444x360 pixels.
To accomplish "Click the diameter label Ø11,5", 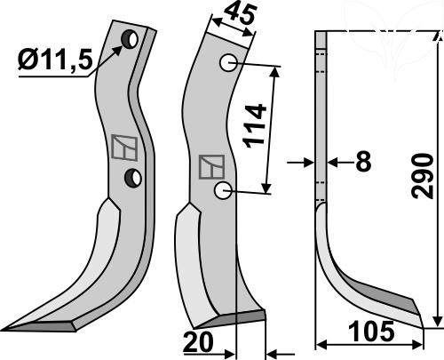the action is click(x=55, y=60).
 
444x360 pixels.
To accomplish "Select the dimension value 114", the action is click(x=254, y=125).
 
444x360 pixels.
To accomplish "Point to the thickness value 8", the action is click(x=363, y=162).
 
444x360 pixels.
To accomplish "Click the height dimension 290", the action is click(x=423, y=176).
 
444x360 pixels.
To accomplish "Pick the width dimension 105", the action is click(x=372, y=332).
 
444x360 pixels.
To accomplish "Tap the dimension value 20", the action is click(x=198, y=341).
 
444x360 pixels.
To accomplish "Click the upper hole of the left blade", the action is click(x=130, y=40).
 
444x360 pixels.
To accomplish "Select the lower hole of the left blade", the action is click(x=133, y=178).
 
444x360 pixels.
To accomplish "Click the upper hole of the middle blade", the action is click(x=228, y=63).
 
